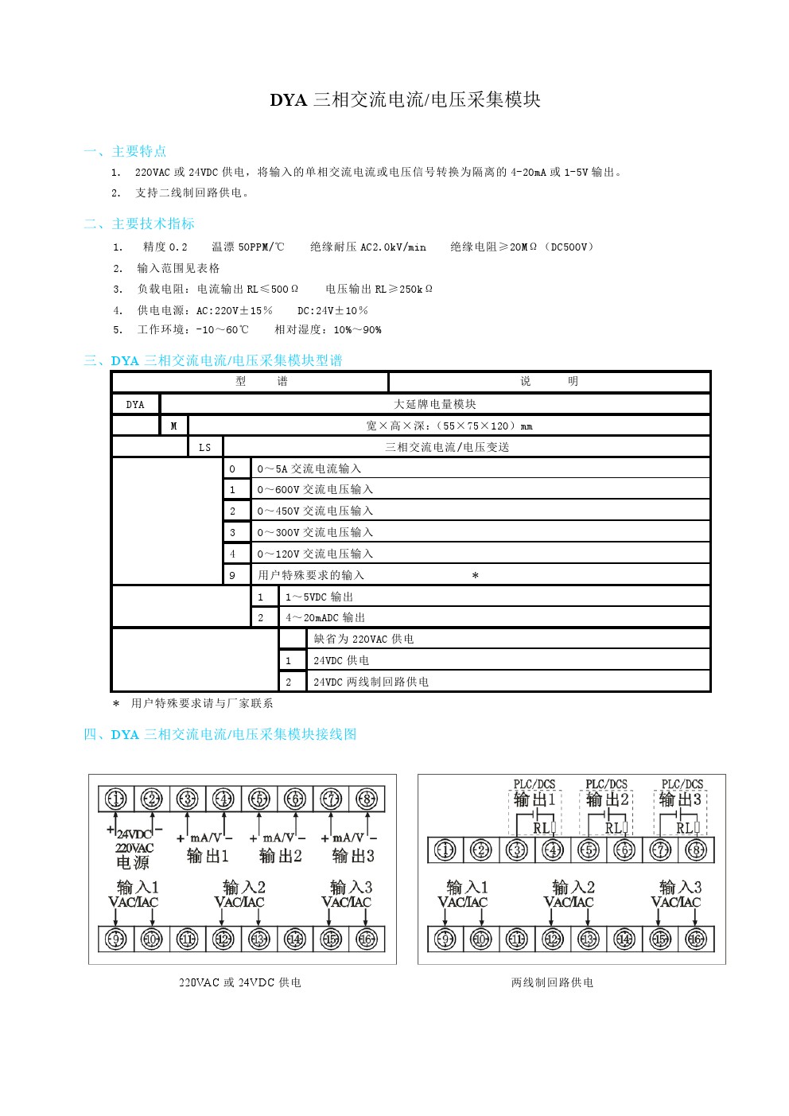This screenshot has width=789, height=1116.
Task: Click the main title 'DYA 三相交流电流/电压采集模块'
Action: pos(405,99)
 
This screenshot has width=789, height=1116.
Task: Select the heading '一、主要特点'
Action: pos(125,151)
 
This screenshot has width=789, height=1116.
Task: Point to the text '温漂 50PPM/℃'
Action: pos(247,247)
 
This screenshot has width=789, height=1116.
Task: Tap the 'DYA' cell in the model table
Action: pos(135,404)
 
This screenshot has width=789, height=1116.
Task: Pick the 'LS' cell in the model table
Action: pos(205,447)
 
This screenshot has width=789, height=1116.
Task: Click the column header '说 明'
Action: pos(549,382)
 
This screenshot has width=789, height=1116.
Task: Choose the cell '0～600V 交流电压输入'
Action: pos(315,489)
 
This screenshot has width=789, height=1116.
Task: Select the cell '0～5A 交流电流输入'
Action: pos(309,469)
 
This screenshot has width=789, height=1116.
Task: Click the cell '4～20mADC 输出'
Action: pos(325,617)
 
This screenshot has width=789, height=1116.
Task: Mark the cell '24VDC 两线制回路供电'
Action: pos(371,682)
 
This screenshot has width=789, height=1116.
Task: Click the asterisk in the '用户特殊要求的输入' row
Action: pos(475,575)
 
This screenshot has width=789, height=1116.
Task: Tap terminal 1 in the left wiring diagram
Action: pos(116,799)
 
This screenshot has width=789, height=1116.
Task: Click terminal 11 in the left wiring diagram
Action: pos(188,939)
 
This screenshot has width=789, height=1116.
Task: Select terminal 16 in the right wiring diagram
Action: pos(696,939)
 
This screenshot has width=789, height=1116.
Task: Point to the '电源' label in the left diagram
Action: pos(133,862)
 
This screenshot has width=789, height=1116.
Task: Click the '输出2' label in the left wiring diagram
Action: pos(280,856)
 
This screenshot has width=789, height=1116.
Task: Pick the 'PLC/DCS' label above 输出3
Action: pos(682,784)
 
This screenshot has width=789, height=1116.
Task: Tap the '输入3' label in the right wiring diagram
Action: pos(680,887)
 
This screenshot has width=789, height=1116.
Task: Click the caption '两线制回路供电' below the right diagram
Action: pos(552,982)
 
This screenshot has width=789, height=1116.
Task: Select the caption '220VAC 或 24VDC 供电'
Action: pos(240,982)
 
